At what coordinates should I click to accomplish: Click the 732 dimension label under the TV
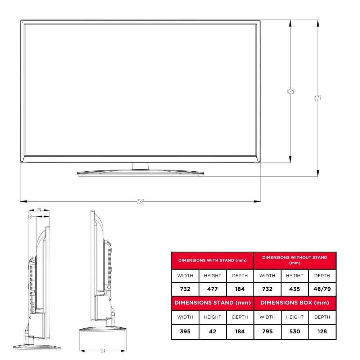(140, 202)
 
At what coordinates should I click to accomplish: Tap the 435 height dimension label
(290, 91)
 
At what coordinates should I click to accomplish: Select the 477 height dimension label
(318, 98)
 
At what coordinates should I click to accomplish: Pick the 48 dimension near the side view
(30, 217)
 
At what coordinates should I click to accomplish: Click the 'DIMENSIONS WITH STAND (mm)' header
(212, 260)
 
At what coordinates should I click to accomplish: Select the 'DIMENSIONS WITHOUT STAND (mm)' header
(294, 260)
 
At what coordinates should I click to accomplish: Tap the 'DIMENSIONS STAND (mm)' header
(212, 303)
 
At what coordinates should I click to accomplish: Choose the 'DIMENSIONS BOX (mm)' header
(294, 303)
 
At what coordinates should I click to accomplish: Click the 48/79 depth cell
(322, 289)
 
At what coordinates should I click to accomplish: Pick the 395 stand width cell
(185, 331)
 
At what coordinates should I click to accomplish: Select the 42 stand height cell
(212, 331)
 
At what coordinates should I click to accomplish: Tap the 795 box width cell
(267, 331)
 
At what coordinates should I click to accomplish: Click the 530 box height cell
(294, 331)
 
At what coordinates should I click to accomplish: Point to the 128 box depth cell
(322, 331)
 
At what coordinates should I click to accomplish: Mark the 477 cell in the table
(212, 289)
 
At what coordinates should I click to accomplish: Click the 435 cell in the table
(294, 289)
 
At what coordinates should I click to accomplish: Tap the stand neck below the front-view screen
(140, 166)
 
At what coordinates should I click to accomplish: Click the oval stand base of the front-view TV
(140, 173)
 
